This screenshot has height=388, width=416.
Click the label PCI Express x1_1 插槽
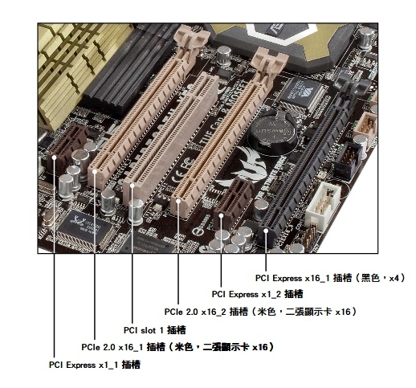[x=95, y=365]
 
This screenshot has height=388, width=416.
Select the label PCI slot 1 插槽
[x=154, y=330]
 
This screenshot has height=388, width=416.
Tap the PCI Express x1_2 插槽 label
[x=257, y=294]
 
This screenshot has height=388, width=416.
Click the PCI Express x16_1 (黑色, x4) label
[x=330, y=278]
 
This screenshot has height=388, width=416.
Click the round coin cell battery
[x=272, y=132]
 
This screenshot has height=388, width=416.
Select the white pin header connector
[x=323, y=205]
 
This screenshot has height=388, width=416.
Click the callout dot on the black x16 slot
[x=266, y=231]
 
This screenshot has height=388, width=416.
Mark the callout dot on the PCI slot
[x=133, y=186]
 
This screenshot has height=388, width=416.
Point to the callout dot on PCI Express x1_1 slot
[x=54, y=157]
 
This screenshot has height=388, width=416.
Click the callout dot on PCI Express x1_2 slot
[x=221, y=215]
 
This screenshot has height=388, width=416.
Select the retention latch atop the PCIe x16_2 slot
[x=269, y=59]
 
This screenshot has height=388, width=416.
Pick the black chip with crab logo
[x=84, y=224]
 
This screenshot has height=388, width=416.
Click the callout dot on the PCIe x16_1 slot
[x=95, y=171]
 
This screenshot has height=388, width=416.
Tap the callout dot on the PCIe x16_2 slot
[x=178, y=201]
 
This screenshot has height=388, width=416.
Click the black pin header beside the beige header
[x=348, y=160]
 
